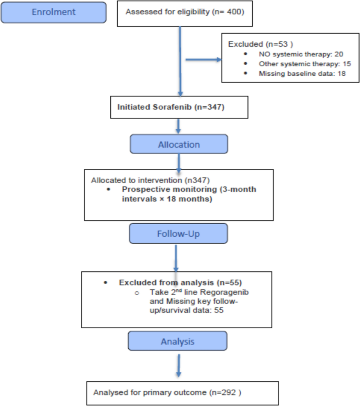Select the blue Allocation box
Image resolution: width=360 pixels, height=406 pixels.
[x=179, y=144]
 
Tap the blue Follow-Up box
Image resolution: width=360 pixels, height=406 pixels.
[x=178, y=232]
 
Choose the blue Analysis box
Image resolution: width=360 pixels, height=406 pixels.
[x=178, y=341]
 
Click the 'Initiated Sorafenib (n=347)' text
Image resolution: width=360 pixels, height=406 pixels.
[x=172, y=107]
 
